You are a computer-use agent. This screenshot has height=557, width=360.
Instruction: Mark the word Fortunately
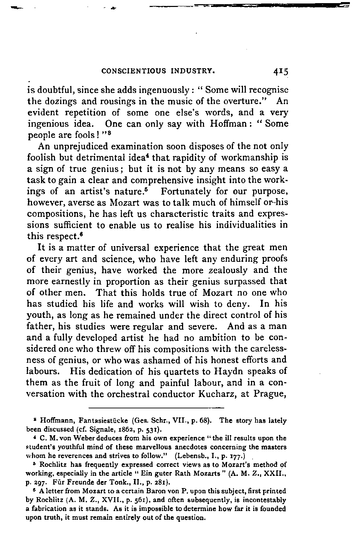click(187, 191)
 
